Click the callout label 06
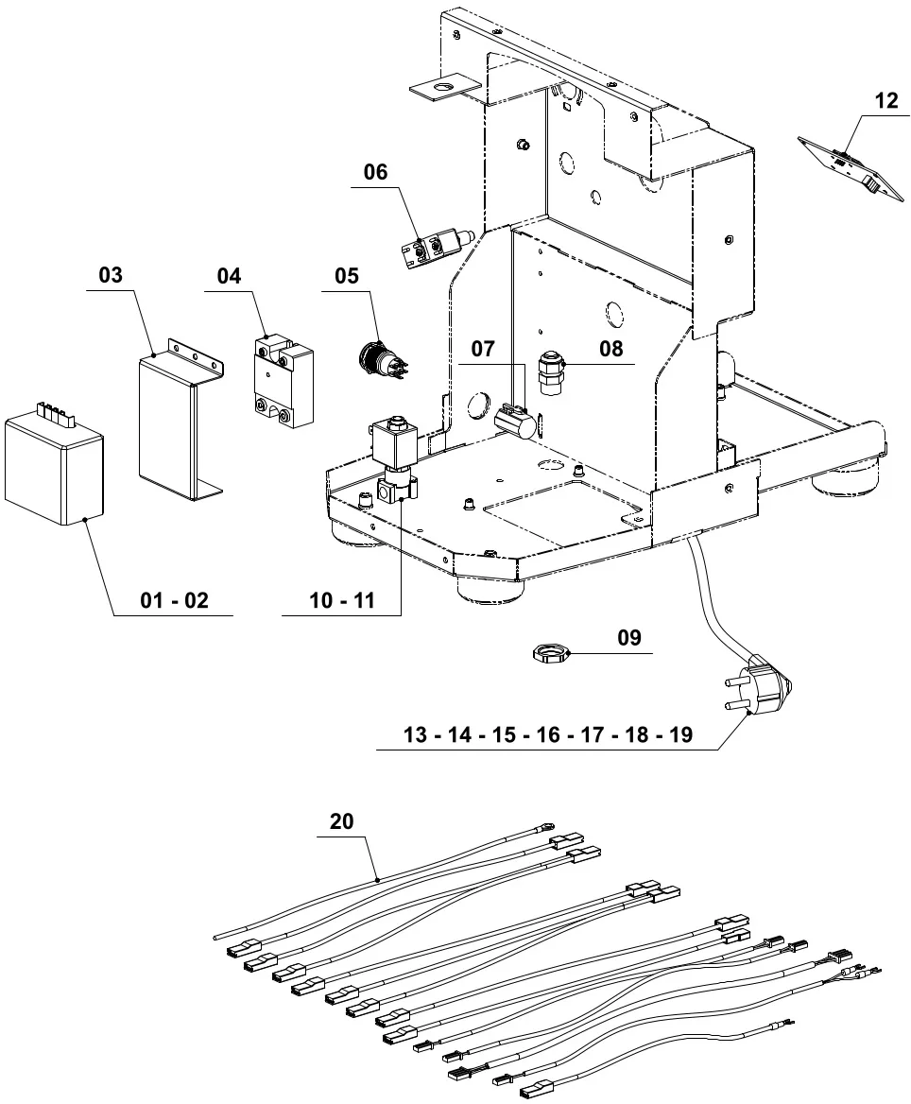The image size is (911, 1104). pyautogui.click(x=375, y=172)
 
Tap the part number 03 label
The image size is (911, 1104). pyautogui.click(x=111, y=275)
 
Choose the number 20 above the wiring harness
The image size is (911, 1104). pyautogui.click(x=341, y=821)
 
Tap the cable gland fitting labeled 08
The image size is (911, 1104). pyautogui.click(x=549, y=373)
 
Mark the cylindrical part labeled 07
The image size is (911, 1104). pyautogui.click(x=515, y=422)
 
